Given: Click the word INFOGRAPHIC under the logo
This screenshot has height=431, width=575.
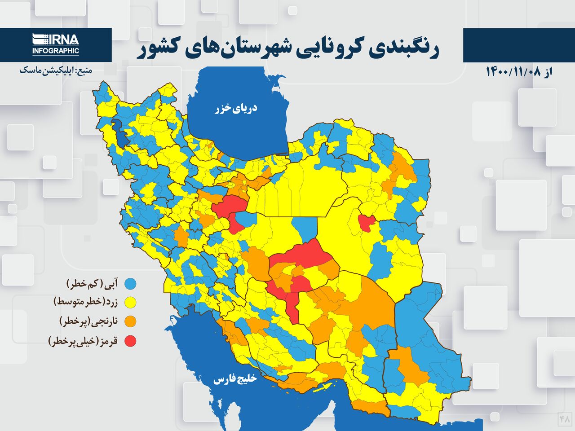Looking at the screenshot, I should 56,51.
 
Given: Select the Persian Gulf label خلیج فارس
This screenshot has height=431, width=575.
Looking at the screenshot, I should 234,379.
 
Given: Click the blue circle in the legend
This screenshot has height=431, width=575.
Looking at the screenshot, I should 130,284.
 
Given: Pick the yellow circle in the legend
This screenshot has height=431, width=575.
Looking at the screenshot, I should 130,303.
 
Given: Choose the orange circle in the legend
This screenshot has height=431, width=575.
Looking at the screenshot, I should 130,321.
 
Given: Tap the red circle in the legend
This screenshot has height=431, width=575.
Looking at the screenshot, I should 130,341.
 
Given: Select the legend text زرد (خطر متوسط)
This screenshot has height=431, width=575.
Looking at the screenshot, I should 85,303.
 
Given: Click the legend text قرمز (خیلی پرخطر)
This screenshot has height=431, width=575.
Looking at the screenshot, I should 83,341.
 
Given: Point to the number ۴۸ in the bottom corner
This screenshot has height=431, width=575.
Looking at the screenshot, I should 565,418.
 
